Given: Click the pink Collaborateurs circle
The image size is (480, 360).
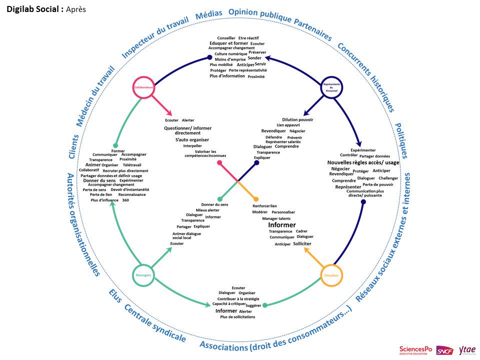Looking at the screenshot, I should click(143, 87).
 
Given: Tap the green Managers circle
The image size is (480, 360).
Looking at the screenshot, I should click(143, 275).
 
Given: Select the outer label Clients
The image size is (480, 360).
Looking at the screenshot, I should click(73, 146).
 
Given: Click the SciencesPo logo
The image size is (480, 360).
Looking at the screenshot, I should click(416, 350).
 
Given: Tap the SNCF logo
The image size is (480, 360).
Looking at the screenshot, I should click(445, 350).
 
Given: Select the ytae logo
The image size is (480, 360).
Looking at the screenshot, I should click(467, 350).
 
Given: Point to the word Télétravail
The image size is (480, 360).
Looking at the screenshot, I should click(132, 164).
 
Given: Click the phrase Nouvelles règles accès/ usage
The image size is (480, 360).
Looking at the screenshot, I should click(363, 162).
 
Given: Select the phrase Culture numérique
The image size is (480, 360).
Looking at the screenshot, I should click(231, 53).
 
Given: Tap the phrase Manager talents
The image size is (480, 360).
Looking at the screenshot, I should click(276, 218).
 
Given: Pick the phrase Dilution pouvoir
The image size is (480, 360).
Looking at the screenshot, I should click(297, 119).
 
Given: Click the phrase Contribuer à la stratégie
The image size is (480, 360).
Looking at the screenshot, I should click(237, 298).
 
